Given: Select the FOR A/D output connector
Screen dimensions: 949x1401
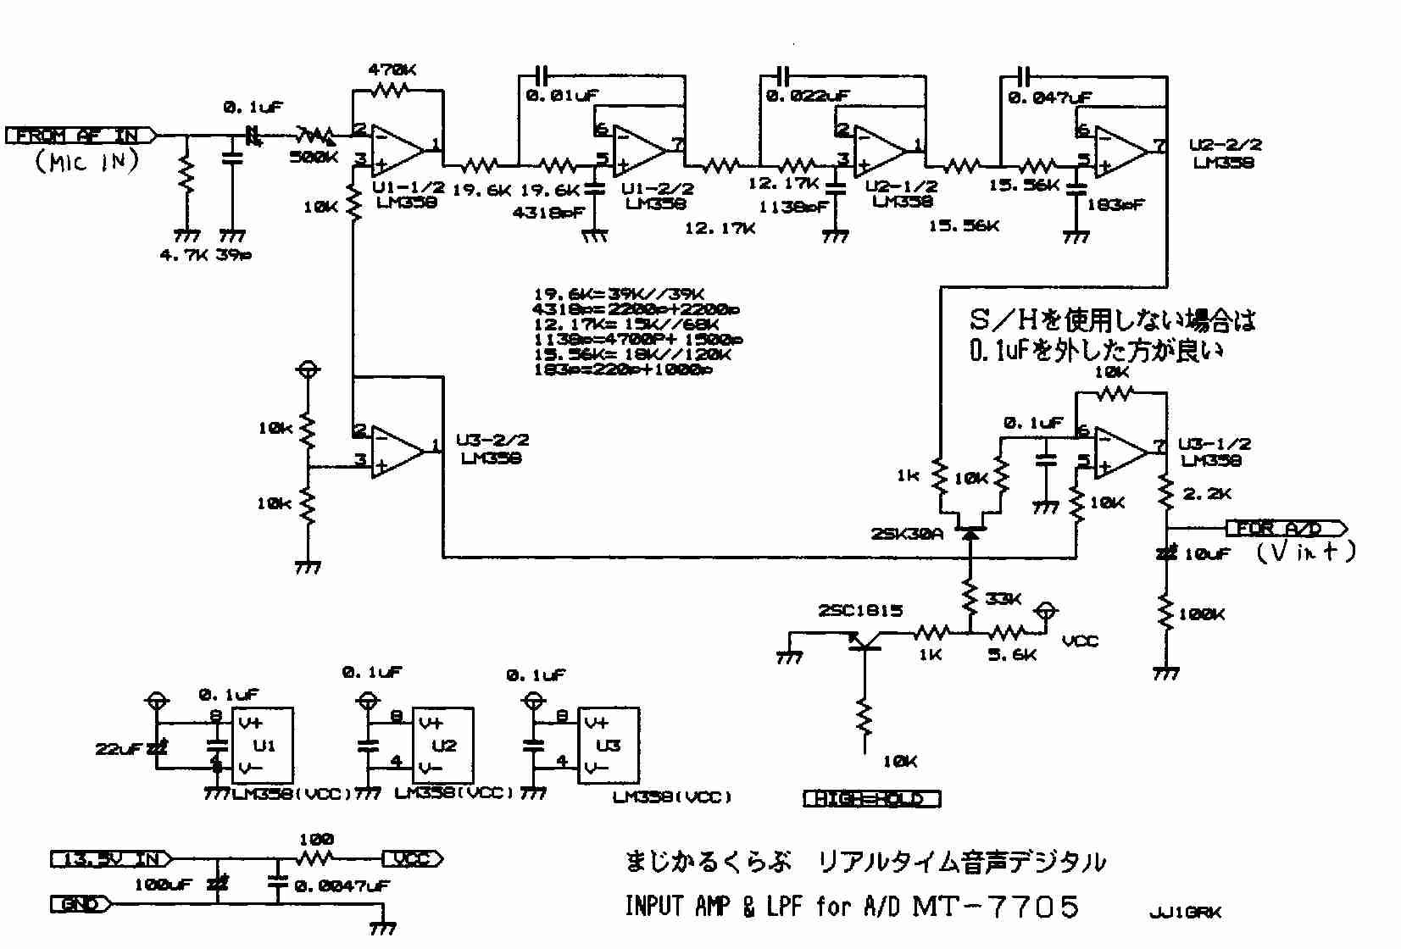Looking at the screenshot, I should coord(1285,529).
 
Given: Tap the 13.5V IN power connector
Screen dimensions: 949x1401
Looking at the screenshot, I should coord(111,859).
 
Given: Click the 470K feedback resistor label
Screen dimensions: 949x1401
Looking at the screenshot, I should coord(392,69).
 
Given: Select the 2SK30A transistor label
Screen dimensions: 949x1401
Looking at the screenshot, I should coord(906,534).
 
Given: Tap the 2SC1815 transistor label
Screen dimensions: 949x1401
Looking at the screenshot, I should coord(860,610).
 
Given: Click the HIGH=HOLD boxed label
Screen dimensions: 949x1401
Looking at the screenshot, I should coord(871,799).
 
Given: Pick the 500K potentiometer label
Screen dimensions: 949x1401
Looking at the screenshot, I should coord(314,157).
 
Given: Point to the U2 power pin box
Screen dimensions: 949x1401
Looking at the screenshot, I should coord(442,746).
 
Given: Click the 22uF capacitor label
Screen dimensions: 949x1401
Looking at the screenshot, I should coord(119,749).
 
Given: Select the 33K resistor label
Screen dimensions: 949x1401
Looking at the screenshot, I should coord(1003,599).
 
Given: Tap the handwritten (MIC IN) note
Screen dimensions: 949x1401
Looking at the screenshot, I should coord(86,161).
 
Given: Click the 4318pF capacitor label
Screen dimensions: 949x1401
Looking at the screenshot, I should coord(548,213).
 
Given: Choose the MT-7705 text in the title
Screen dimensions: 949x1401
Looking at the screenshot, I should coord(995,907).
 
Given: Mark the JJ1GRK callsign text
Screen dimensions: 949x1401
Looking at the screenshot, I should coord(1185,913).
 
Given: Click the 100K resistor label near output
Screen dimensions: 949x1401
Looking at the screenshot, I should coord(1201,614).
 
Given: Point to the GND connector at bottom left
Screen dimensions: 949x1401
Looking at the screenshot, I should coord(81,904).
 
